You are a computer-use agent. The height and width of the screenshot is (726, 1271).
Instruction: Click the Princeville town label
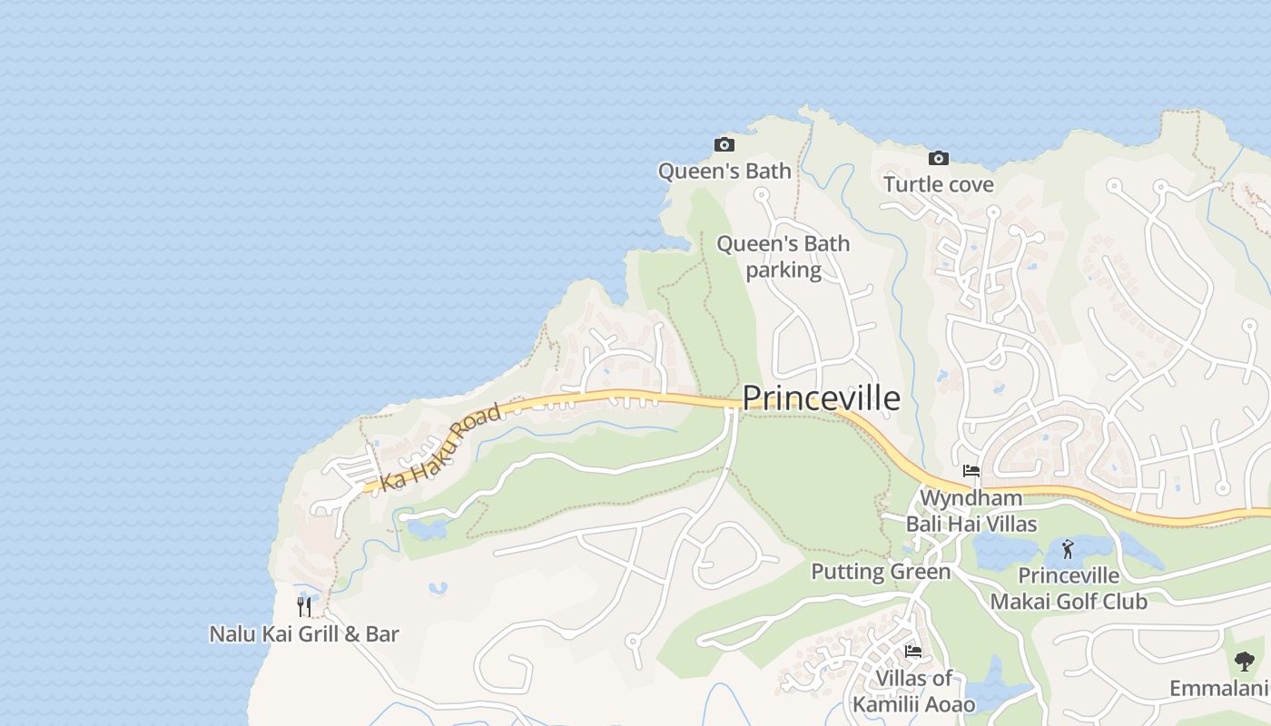click(822, 398)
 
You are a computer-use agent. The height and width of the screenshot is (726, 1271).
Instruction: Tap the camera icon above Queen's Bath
click(724, 144)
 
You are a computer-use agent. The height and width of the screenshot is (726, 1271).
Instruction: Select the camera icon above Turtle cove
click(939, 159)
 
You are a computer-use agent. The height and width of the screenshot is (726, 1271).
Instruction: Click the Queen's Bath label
click(724, 171)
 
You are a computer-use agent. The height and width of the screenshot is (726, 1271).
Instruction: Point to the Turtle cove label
click(939, 185)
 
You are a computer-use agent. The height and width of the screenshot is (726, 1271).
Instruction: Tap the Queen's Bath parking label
click(783, 257)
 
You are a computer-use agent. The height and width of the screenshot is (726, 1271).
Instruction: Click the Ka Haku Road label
click(441, 447)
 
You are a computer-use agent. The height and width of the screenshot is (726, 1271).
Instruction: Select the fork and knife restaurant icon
click(304, 606)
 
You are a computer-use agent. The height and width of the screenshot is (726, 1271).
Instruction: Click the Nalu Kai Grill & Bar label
click(304, 633)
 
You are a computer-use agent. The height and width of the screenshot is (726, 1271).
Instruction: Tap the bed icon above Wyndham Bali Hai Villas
click(971, 471)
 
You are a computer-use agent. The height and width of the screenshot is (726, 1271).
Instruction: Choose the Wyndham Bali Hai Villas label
click(971, 511)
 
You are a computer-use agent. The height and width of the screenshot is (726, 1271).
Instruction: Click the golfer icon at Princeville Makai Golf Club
click(1068, 549)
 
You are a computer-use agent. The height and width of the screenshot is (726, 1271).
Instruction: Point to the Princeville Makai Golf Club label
click(1069, 588)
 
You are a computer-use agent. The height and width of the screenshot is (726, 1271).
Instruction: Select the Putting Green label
click(881, 572)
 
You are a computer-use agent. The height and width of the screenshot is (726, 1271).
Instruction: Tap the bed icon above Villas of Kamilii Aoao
click(913, 652)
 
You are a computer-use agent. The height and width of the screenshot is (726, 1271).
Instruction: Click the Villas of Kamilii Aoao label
click(914, 692)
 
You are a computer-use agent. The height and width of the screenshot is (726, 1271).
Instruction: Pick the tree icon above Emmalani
click(1244, 662)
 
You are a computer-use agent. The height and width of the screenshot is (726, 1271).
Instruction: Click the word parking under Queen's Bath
click(783, 270)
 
